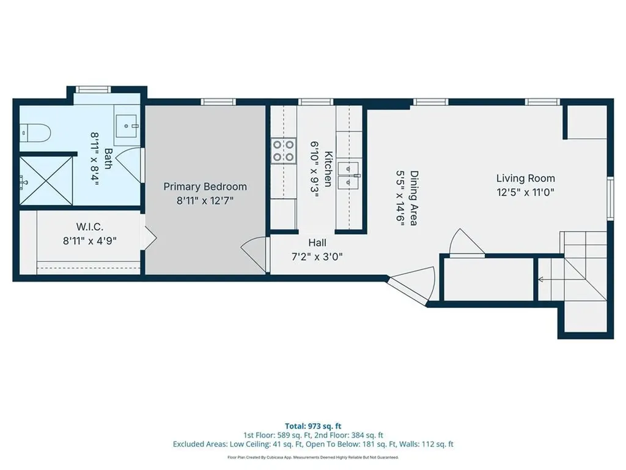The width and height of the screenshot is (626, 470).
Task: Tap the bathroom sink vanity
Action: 130,127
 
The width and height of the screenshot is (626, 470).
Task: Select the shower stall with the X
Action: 46,181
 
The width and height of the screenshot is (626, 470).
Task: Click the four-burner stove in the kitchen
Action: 282,151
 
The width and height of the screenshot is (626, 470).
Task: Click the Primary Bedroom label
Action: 205,187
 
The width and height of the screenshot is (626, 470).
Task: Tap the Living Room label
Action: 525,178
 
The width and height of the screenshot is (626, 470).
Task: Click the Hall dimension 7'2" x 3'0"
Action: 316,256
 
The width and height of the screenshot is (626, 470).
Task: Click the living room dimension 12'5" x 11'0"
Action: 525,191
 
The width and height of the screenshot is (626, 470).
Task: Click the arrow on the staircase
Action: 542,280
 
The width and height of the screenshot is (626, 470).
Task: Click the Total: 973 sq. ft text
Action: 312,425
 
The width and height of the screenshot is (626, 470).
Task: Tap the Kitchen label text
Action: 328,168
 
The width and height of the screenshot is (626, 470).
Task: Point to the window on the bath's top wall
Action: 92,89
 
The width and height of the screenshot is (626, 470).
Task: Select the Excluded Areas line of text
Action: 312,445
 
